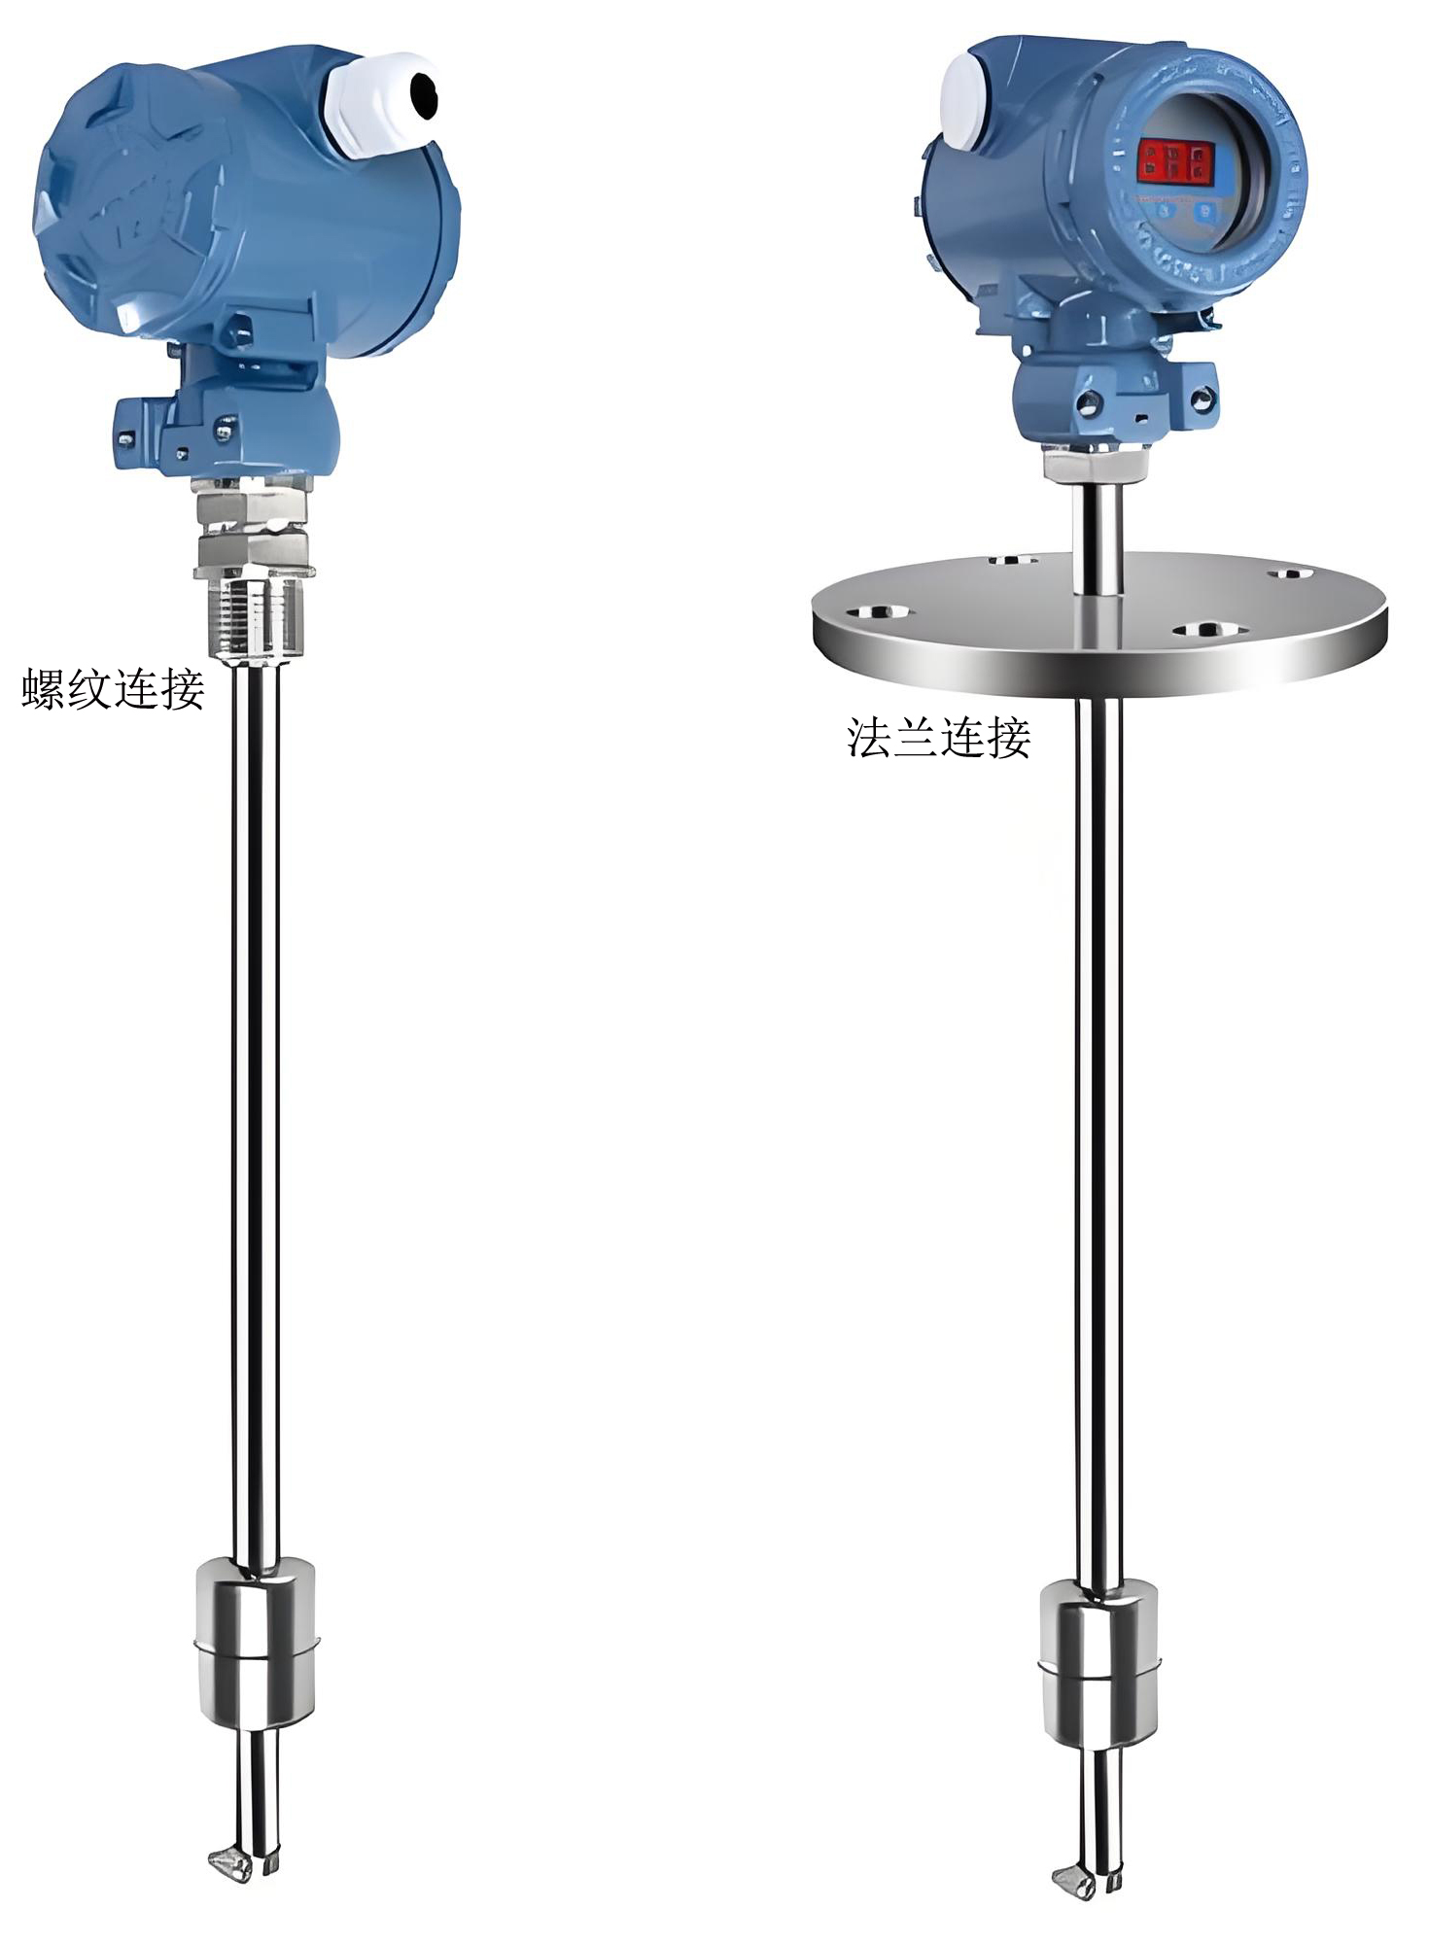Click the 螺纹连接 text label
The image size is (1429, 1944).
pyautogui.click(x=113, y=689)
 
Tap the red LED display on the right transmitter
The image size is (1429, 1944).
pyautogui.click(x=1176, y=160)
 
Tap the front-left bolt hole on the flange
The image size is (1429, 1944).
pyautogui.click(x=878, y=612)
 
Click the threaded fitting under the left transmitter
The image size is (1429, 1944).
pyautogui.click(x=255, y=616)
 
